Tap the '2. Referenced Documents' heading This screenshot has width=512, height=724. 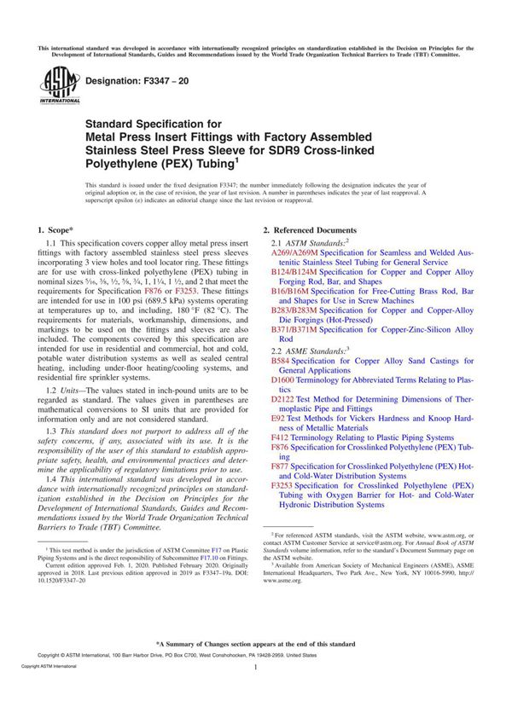(310, 230)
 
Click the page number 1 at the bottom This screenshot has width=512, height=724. (256, 692)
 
